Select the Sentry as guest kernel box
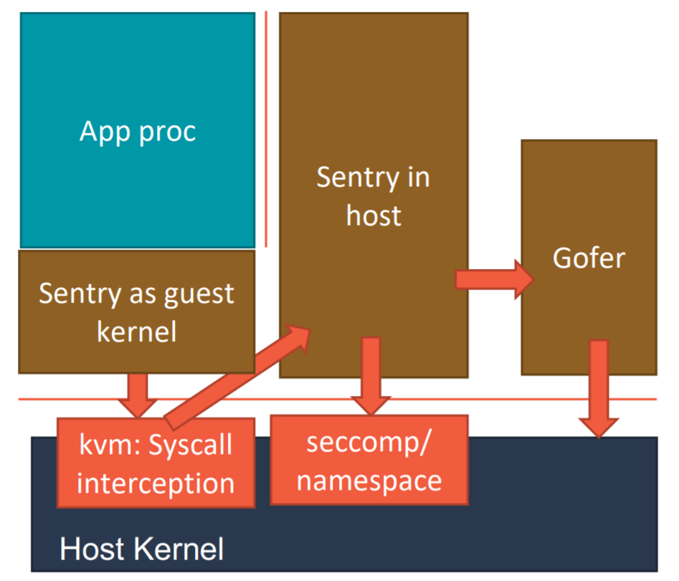click(136, 311)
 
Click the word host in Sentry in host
click(374, 215)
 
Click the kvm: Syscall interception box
click(156, 463)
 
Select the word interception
click(156, 483)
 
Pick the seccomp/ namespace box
click(369, 460)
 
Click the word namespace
click(369, 479)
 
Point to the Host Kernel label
click(141, 549)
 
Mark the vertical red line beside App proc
click(266, 129)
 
